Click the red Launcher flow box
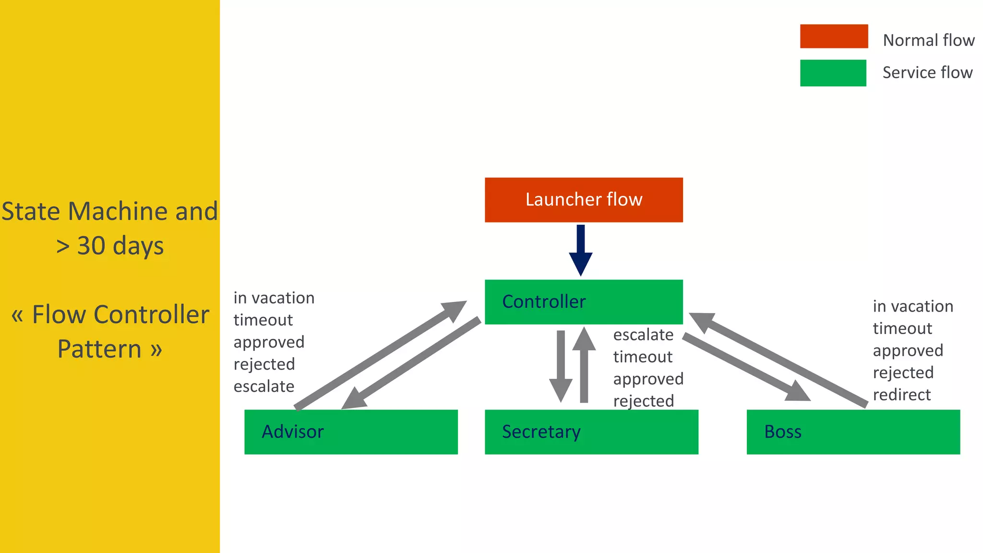(x=584, y=200)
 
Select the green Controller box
(x=584, y=301)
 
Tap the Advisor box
(x=351, y=432)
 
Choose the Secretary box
(x=591, y=432)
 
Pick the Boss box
(x=853, y=432)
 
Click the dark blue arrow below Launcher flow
(x=581, y=250)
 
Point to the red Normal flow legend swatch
(x=834, y=36)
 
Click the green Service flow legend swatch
(x=833, y=73)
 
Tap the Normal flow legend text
(x=928, y=40)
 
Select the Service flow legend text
(x=927, y=72)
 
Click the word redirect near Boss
(x=901, y=395)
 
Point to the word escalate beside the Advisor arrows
(x=264, y=386)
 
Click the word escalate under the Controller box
(x=643, y=335)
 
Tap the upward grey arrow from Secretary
(x=584, y=365)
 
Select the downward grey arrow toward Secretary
(x=561, y=365)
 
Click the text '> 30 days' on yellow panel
(x=110, y=245)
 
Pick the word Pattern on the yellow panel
(x=99, y=349)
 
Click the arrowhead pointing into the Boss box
(x=798, y=392)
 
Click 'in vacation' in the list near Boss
(x=912, y=306)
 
